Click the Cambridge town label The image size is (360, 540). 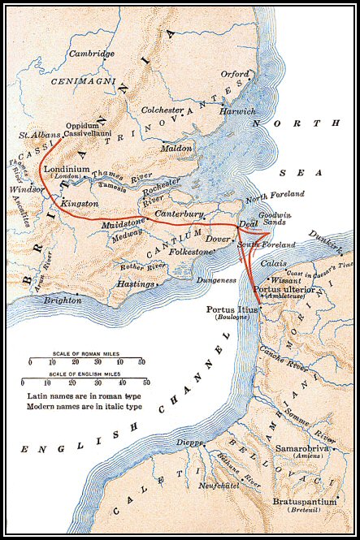(92, 54)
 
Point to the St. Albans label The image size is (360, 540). (33, 133)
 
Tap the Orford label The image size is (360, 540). (235, 74)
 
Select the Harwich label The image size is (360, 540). (238, 110)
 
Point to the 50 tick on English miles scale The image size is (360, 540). (146, 382)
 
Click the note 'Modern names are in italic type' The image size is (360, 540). (80, 404)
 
